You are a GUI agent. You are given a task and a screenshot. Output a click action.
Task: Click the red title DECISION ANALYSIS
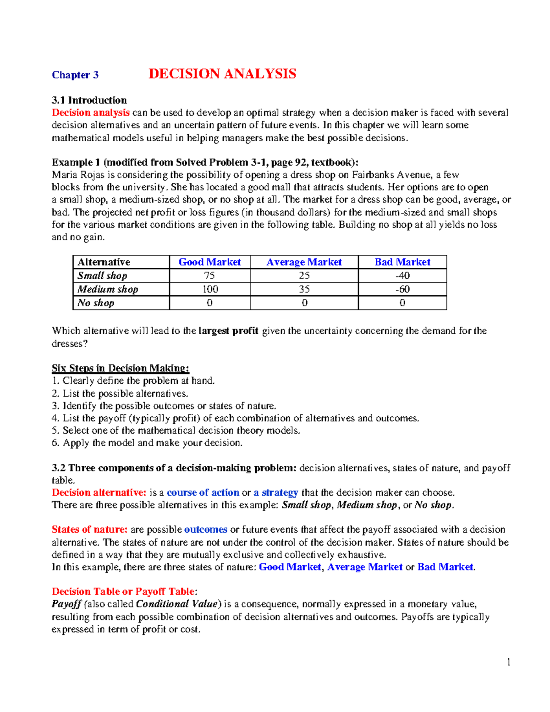222,74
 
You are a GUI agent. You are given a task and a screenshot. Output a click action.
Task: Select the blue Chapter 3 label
75,75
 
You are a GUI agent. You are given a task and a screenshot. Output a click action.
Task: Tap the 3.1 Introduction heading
89,100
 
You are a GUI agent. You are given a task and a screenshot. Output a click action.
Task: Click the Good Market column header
209,262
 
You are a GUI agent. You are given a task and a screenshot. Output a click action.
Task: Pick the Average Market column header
304,262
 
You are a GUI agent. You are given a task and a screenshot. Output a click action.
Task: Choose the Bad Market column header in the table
402,262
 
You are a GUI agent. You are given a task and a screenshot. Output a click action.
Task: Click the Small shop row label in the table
102,276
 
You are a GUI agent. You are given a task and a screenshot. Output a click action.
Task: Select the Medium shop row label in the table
108,289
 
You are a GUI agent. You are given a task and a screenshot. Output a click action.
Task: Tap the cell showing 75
209,276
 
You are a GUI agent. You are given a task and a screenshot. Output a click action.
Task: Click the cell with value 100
210,289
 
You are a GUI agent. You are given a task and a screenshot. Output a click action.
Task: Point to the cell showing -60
402,289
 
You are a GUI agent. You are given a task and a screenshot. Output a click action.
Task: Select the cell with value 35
304,289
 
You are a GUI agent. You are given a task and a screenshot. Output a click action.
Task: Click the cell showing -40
402,276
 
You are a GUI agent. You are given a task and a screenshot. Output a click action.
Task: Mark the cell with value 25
304,276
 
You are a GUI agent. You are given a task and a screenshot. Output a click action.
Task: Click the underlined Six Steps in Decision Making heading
121,368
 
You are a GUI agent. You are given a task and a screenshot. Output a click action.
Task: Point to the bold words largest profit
228,331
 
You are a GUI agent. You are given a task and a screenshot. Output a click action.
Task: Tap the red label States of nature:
89,530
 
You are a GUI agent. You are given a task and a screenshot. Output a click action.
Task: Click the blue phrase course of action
203,492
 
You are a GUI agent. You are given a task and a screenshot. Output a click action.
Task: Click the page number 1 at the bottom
508,662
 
